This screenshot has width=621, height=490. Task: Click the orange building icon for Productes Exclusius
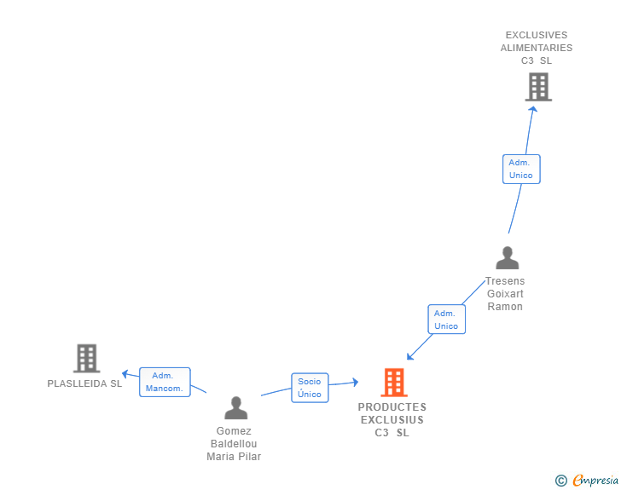[x=393, y=383]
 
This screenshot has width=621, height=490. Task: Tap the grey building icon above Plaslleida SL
[x=86, y=359]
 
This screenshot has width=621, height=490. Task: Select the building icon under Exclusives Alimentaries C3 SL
[x=538, y=87]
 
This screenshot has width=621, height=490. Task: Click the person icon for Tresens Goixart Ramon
[x=508, y=258]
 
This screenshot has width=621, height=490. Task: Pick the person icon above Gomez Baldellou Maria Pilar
[x=235, y=407]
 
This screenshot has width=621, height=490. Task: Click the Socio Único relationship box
[x=310, y=388]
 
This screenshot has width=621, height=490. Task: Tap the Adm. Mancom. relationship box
[x=165, y=382]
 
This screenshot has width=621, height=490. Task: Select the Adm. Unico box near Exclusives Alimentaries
[x=520, y=169]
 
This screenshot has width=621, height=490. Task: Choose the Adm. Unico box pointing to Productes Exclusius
[x=445, y=320]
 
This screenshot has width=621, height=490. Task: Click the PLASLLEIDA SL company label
[x=85, y=383]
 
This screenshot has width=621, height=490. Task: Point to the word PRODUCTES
[x=392, y=407]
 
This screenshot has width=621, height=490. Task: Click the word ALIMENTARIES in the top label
[x=537, y=48]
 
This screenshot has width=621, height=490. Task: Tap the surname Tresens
[x=505, y=281]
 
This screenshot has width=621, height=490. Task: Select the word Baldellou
[x=234, y=444]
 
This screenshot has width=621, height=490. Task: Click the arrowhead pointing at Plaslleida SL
[x=125, y=372]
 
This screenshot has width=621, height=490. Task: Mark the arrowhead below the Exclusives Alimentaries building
[x=532, y=108]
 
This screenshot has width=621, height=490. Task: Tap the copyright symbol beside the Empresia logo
[x=560, y=481]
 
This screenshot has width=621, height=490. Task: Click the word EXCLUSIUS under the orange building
[x=392, y=420]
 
